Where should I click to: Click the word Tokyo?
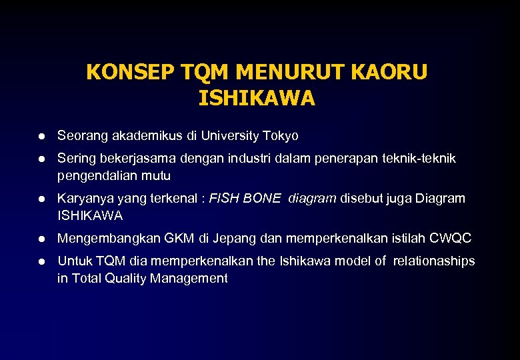[x=280, y=136]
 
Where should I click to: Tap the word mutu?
[x=157, y=176]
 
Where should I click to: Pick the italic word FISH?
[x=223, y=199]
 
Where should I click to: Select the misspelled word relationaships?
[x=433, y=261]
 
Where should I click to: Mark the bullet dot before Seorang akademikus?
[x=41, y=137]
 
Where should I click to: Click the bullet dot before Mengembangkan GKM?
[x=41, y=239]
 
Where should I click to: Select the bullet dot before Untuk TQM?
[x=41, y=261]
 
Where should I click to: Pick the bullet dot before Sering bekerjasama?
[x=41, y=159]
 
